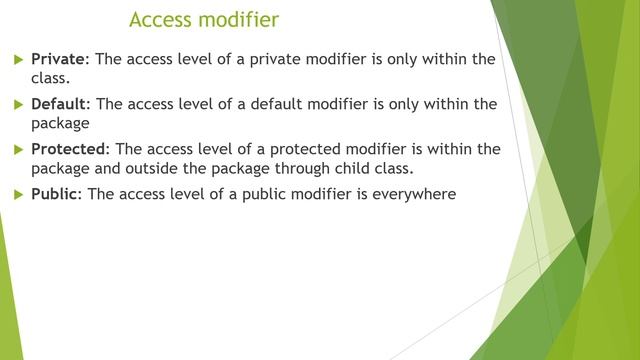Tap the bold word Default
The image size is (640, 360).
61,104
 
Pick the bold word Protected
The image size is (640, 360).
70,149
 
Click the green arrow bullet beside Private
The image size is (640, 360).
17,59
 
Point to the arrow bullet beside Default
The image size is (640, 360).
17,104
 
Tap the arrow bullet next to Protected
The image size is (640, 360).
17,149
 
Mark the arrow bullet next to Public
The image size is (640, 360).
17,194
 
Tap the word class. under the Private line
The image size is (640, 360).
51,78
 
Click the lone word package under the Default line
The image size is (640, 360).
61,123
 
